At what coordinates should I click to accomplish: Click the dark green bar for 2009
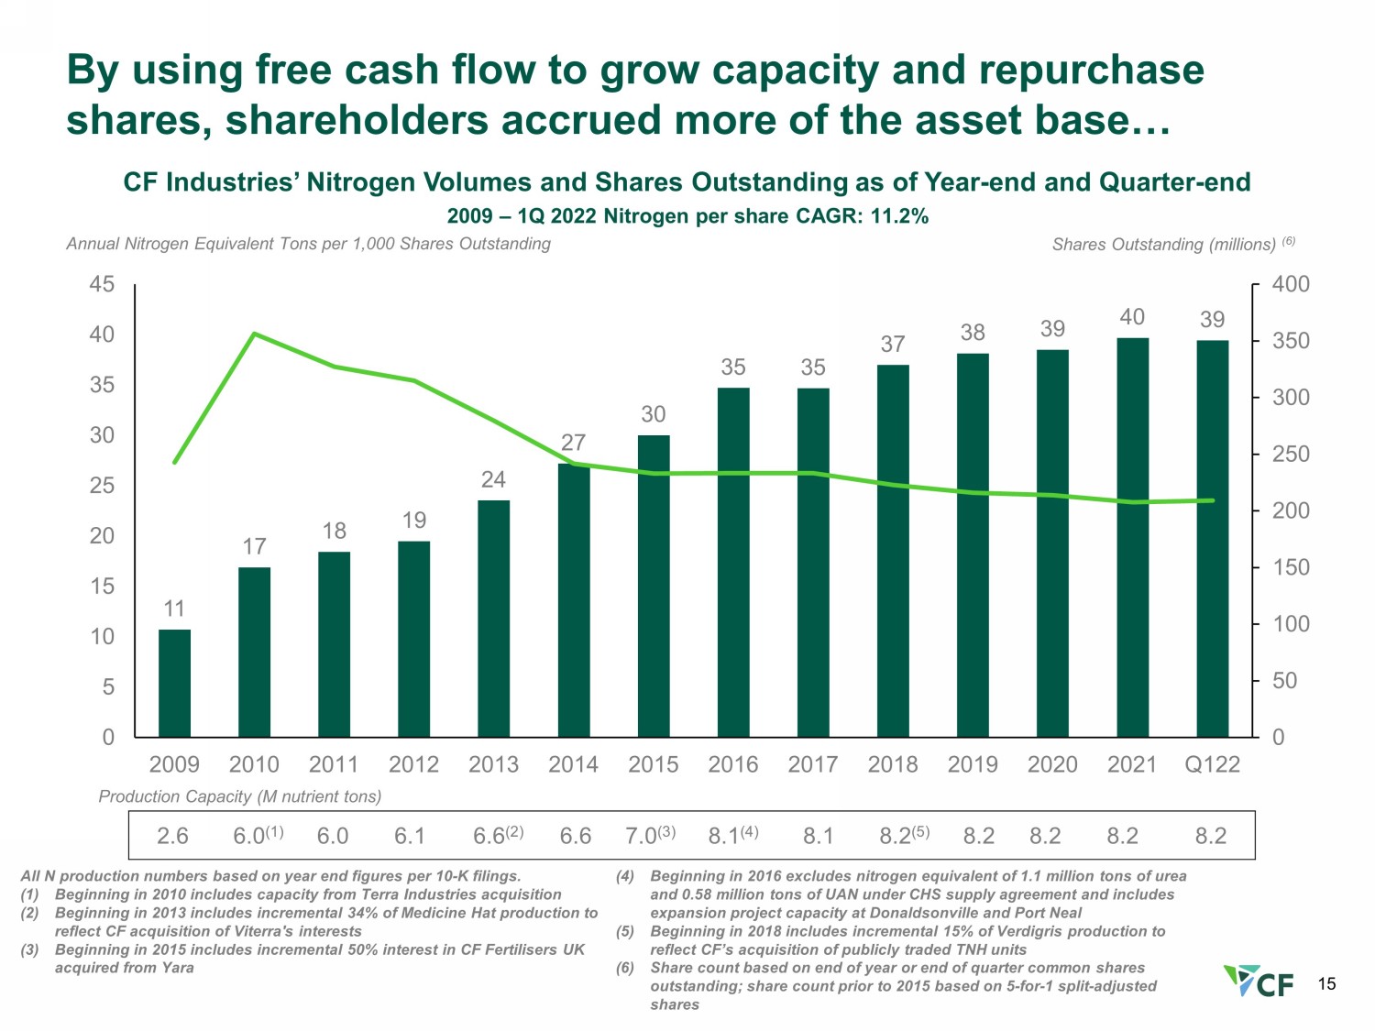click(x=174, y=683)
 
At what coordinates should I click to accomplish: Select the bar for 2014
click(x=573, y=600)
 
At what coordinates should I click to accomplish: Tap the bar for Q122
click(x=1212, y=539)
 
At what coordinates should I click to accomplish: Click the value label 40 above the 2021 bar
click(x=1132, y=317)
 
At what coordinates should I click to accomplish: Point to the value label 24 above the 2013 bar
click(x=493, y=479)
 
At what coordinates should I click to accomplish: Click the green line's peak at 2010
click(x=254, y=334)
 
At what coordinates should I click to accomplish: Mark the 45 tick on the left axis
click(x=102, y=284)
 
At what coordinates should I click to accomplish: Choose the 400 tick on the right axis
click(x=1291, y=284)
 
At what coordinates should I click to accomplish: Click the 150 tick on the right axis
click(x=1291, y=567)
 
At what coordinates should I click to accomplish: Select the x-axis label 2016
click(x=733, y=764)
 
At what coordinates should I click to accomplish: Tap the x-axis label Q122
click(x=1212, y=764)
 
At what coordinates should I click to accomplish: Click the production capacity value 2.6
click(x=172, y=836)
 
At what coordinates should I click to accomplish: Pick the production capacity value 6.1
click(x=410, y=836)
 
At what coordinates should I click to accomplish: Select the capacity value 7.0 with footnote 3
click(x=650, y=835)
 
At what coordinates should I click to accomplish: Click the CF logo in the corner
click(x=1259, y=981)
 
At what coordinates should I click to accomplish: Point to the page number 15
click(x=1326, y=984)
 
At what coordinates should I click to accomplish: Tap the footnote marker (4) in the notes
click(x=625, y=876)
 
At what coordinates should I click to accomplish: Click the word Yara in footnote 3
click(x=178, y=968)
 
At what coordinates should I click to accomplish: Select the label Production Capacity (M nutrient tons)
click(x=240, y=796)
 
